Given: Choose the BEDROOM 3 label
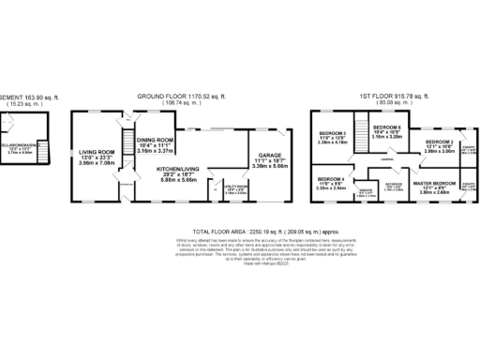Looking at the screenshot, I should pos(332,135).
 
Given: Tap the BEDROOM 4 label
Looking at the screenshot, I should pos(331,178).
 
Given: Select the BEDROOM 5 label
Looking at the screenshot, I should pos(386,127).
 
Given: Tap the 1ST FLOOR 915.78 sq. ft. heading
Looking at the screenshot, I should pos(394,96).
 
